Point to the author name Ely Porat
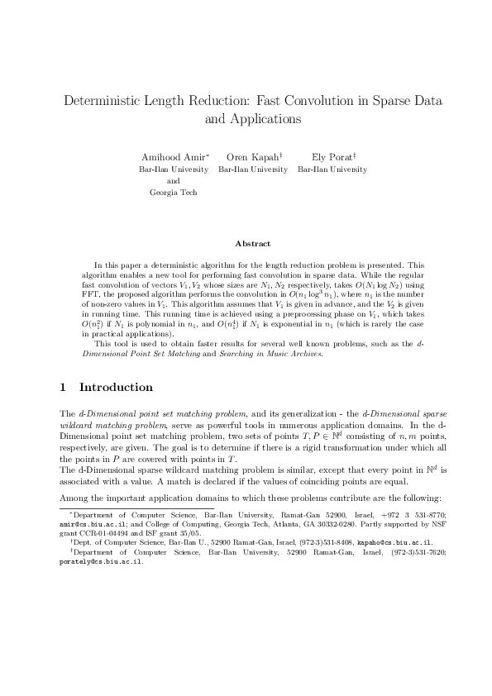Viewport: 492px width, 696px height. tap(330, 157)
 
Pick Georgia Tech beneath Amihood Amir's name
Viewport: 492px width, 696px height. tap(173, 192)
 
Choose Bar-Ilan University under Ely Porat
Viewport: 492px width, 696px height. tap(332, 169)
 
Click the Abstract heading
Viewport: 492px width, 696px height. tap(252, 243)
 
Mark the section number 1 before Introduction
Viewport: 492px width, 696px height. tap(64, 387)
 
